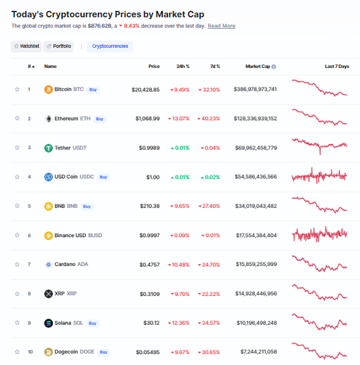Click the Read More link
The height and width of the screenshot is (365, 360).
pyautogui.click(x=221, y=26)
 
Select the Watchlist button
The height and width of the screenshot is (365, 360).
pyautogui.click(x=26, y=46)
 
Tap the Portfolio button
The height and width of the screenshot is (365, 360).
pyautogui.click(x=59, y=46)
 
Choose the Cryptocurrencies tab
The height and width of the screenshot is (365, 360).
pyautogui.click(x=110, y=46)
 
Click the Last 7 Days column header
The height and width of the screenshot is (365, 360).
pyautogui.click(x=337, y=67)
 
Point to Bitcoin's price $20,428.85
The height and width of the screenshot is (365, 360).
pyautogui.click(x=146, y=89)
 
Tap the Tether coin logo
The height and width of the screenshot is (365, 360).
pyautogui.click(x=49, y=148)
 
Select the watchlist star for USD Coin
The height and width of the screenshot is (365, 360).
pyautogui.click(x=17, y=177)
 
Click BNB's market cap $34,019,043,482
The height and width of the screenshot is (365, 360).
pyautogui.click(x=256, y=206)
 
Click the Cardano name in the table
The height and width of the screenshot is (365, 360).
pyautogui.click(x=64, y=264)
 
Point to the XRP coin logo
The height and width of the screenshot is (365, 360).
pyautogui.click(x=49, y=294)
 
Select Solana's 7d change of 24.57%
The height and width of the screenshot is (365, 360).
pyautogui.click(x=209, y=323)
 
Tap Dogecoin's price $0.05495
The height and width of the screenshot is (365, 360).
pyautogui.click(x=146, y=352)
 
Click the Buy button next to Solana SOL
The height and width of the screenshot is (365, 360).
pyautogui.click(x=92, y=323)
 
